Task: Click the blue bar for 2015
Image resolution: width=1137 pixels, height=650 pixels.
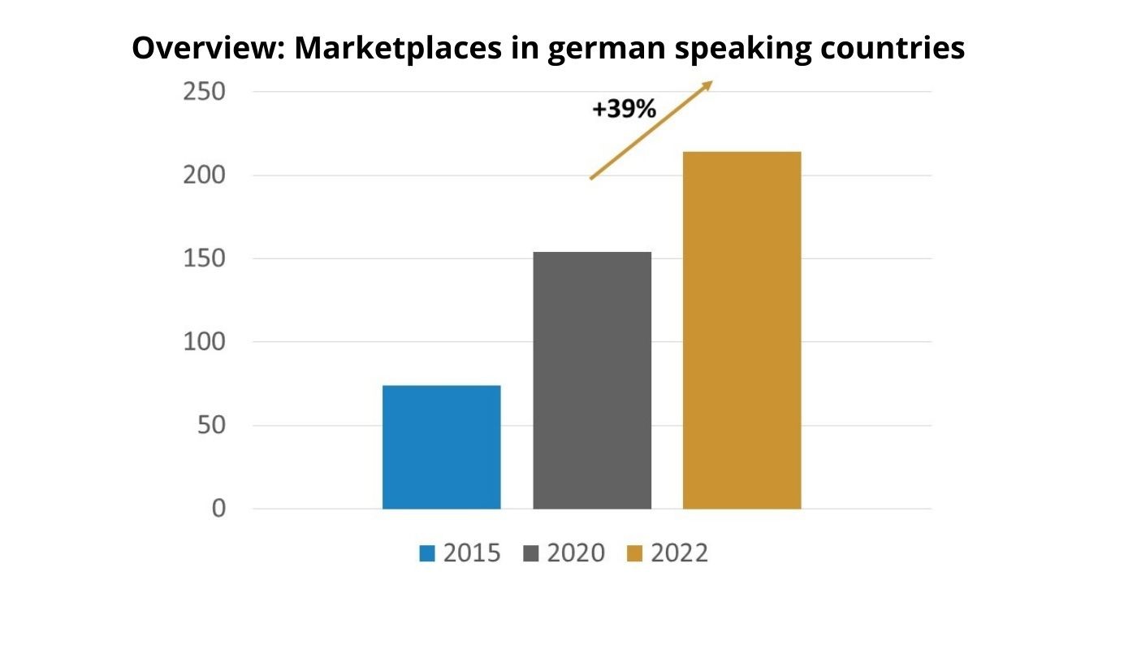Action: (441, 447)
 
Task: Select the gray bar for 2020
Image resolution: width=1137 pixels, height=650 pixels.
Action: (592, 380)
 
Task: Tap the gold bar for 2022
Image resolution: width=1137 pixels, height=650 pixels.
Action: (741, 330)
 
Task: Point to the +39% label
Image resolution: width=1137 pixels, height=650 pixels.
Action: (624, 110)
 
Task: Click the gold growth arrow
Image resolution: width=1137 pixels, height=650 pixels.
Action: (651, 130)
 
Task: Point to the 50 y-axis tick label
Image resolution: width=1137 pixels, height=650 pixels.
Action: (210, 426)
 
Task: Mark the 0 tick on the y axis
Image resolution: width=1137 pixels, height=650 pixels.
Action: (218, 509)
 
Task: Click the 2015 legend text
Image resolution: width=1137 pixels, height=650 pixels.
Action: (472, 553)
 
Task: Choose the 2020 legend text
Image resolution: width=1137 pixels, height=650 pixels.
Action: (576, 553)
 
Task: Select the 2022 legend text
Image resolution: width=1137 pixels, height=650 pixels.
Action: (680, 553)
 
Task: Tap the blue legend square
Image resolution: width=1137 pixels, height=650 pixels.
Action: (427, 554)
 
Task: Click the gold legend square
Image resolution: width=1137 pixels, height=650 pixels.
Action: (635, 554)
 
